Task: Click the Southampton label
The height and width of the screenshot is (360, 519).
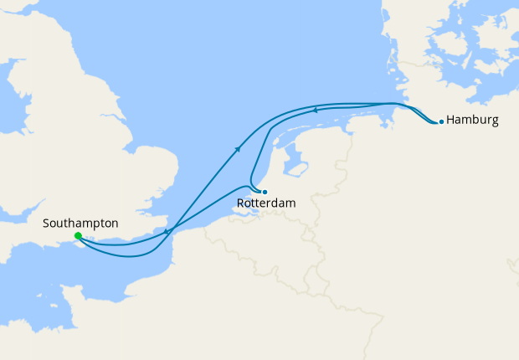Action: point(80,224)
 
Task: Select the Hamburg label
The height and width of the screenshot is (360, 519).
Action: point(472,120)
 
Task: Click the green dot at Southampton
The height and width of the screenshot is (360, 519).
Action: point(78,236)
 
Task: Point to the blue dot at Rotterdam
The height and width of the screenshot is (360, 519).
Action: point(265,192)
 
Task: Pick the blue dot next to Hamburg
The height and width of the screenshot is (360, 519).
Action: point(441,121)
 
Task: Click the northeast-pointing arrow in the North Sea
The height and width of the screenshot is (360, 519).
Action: point(239,148)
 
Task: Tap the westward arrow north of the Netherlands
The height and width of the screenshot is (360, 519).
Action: point(314,109)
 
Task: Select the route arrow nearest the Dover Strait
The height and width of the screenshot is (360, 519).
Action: point(167,232)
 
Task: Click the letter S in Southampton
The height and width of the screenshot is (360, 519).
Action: point(46,224)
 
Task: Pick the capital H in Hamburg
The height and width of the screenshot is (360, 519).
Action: point(451,120)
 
